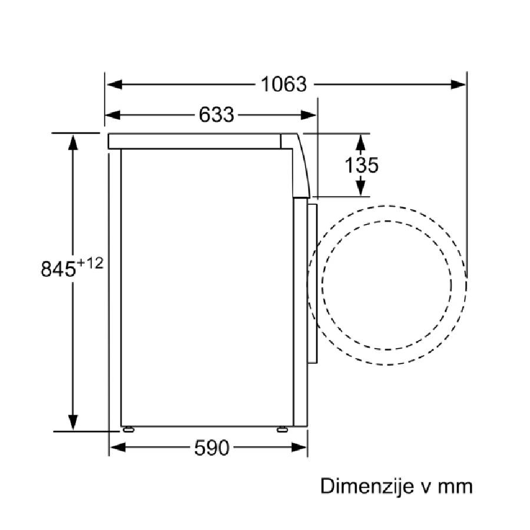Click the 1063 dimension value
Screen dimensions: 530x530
[x=284, y=84]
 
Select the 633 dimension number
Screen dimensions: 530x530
[x=216, y=115]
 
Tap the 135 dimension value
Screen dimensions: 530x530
[x=362, y=165]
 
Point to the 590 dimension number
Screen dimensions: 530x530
[x=211, y=448]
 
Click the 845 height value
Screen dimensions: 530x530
[x=58, y=269]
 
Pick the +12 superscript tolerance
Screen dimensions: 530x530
[x=90, y=263]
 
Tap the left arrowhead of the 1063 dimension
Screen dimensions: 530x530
[x=114, y=84]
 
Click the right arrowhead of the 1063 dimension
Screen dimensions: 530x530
[x=458, y=84]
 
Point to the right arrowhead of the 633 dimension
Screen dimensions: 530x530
[x=308, y=115]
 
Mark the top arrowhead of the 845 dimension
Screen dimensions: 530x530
[x=73, y=142]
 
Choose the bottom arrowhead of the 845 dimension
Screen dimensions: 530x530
[x=73, y=422]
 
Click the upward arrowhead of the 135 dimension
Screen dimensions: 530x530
[x=360, y=143]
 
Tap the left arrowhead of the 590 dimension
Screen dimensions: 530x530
[x=118, y=448]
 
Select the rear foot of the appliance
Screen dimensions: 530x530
[x=128, y=429]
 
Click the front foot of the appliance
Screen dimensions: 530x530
[x=282, y=429]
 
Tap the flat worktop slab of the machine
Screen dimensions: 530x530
[x=194, y=141]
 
